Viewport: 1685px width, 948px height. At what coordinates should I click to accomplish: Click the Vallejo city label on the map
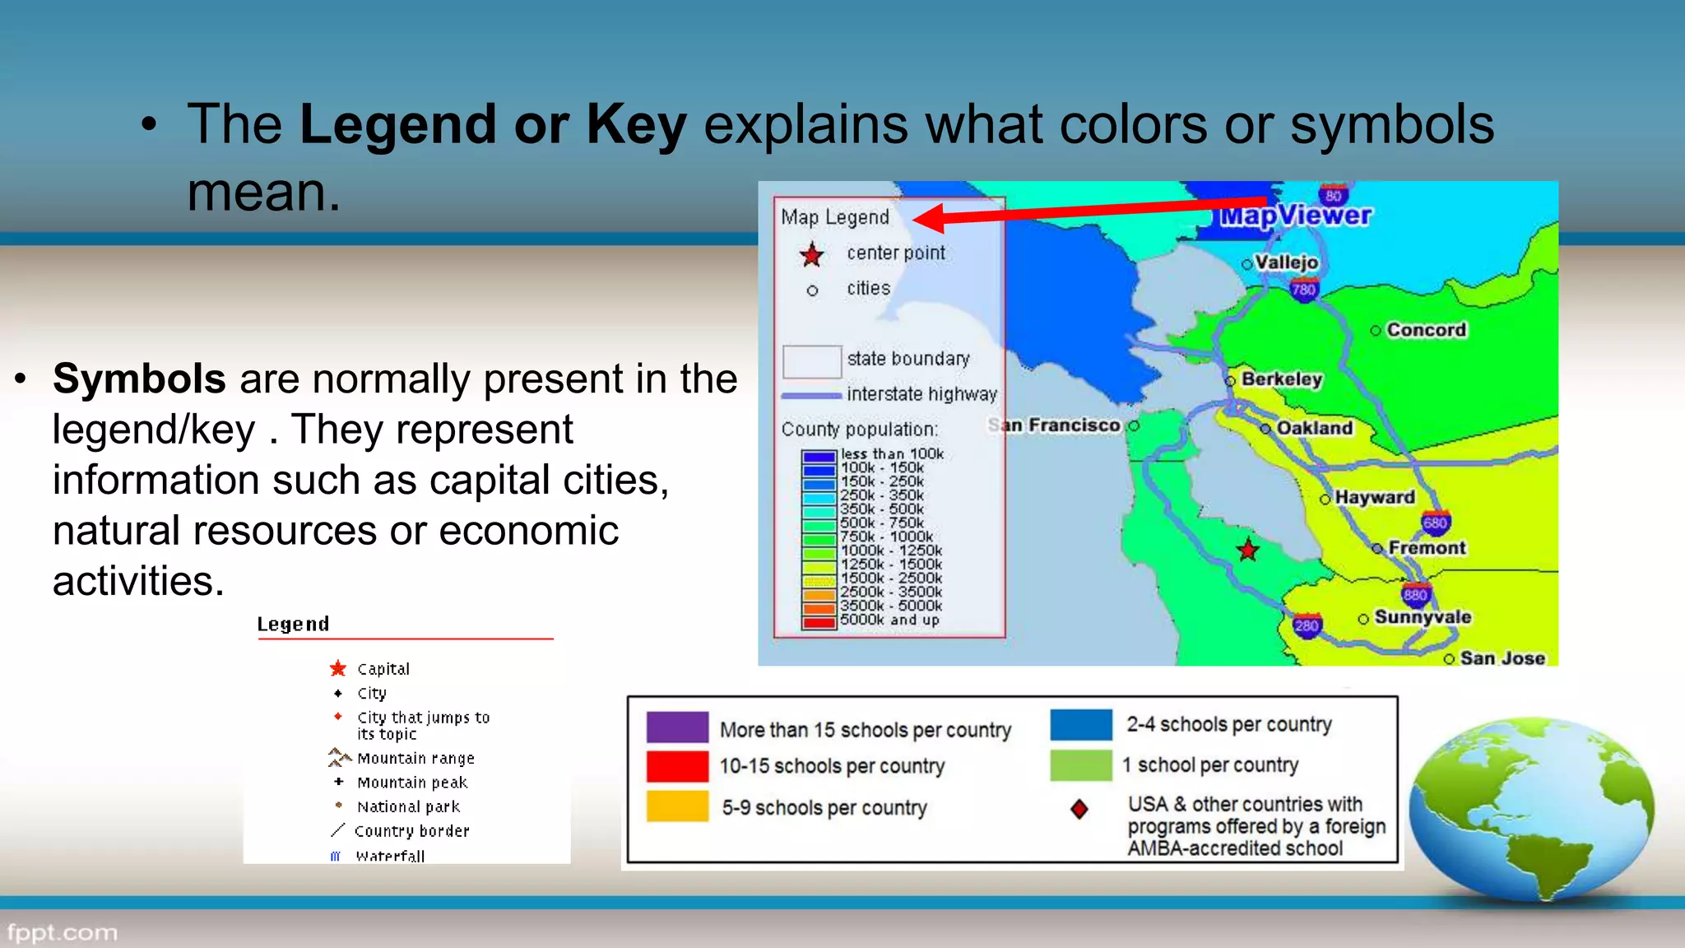coord(1286,263)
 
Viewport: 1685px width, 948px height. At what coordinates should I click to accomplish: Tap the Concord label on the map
coord(1426,330)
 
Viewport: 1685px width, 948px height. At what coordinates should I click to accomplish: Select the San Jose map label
coord(1502,658)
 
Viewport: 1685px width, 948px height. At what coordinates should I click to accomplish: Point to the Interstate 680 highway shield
coord(1436,523)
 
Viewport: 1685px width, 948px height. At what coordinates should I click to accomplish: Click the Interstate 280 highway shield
coord(1307,625)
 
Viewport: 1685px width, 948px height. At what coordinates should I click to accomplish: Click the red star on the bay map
coord(1248,550)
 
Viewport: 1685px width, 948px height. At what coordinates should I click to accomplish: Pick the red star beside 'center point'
coord(812,255)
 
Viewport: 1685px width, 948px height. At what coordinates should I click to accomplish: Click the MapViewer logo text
coord(1295,216)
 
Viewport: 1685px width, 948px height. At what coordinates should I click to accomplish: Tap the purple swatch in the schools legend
coord(677,727)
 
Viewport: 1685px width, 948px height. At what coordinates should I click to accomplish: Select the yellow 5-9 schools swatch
coord(677,806)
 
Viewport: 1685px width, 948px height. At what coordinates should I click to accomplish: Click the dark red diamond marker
coord(1079,810)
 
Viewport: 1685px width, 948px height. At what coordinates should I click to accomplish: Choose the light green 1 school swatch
coord(1080,765)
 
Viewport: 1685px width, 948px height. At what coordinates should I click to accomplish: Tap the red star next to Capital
coord(338,668)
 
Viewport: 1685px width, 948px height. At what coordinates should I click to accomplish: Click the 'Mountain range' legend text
coord(415,759)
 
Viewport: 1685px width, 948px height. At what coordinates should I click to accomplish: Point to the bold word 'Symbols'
coord(139,379)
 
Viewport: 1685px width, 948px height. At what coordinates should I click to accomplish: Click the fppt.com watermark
coord(63,933)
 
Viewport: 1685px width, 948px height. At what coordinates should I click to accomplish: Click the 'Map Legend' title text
coord(835,217)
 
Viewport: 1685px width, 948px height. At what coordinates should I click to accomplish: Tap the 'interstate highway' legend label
coord(921,394)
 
